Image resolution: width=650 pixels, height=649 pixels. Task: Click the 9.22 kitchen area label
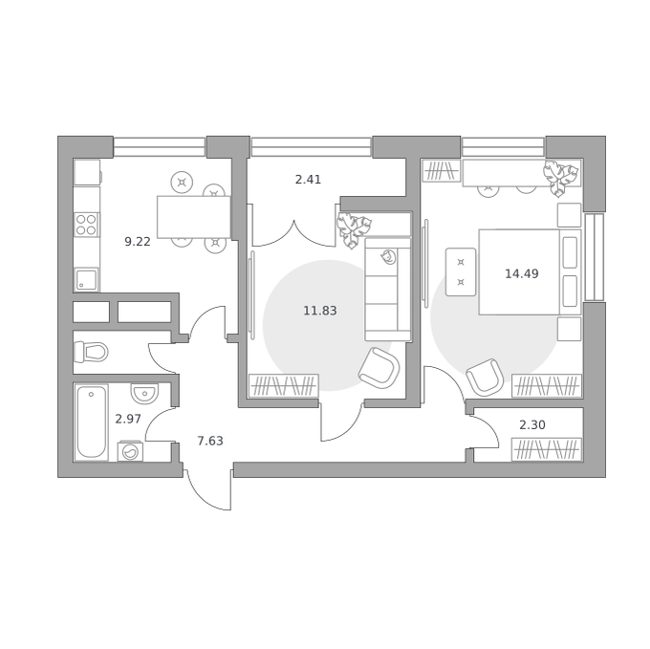(138, 242)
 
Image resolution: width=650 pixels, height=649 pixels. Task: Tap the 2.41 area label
(308, 180)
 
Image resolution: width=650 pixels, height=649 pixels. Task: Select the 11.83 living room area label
(320, 311)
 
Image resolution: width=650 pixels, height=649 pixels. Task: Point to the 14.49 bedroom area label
(522, 274)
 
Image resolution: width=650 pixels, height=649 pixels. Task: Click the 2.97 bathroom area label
(128, 420)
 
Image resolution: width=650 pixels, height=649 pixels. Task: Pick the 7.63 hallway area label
(210, 441)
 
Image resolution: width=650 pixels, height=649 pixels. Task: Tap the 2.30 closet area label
(532, 425)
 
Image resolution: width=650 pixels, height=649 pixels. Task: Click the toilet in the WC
(91, 353)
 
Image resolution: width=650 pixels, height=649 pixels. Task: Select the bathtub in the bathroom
(91, 422)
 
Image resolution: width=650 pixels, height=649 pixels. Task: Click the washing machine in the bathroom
(131, 451)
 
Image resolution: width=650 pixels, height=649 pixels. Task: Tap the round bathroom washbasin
(144, 393)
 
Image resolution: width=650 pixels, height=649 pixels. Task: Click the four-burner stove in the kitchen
(87, 225)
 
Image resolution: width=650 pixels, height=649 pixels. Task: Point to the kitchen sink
(87, 279)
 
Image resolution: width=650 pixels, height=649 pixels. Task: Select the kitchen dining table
(194, 217)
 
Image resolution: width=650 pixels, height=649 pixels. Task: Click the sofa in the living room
(387, 290)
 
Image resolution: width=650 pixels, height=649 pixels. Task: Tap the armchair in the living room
(379, 368)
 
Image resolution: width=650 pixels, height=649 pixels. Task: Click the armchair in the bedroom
(485, 378)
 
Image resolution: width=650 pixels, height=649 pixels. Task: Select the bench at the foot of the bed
(461, 271)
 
